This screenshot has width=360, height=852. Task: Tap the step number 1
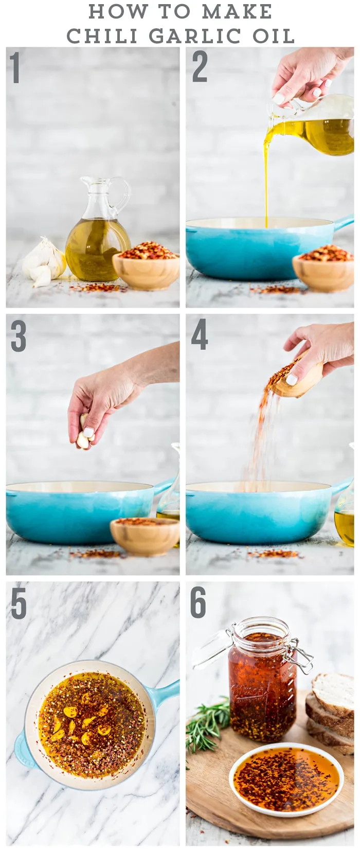tap(15, 67)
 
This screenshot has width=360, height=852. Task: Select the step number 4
tap(199, 334)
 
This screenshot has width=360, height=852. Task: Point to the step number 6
tap(198, 602)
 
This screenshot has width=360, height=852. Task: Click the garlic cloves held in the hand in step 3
tap(84, 432)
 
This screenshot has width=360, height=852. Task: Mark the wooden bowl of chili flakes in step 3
tap(145, 536)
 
